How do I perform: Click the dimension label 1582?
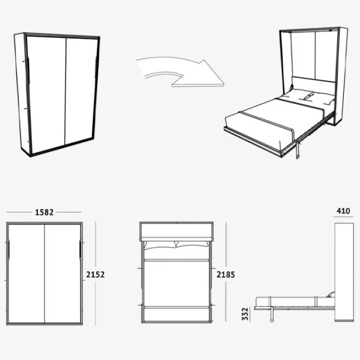[x=44, y=212]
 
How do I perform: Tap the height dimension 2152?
[x=95, y=275]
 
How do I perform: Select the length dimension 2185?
[x=226, y=275]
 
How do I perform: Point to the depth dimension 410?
[x=343, y=211]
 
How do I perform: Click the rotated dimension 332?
[x=245, y=314]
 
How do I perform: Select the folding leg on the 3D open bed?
[x=298, y=150]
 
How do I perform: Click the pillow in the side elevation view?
[x=331, y=295]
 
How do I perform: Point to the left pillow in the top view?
[x=160, y=245]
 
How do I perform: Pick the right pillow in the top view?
[x=192, y=245]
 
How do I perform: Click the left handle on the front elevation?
[x=8, y=250]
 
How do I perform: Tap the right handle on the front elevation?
[x=80, y=250]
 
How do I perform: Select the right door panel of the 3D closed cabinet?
[x=81, y=91]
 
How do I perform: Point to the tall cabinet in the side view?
[x=344, y=272]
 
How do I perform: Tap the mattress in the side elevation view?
[x=292, y=301]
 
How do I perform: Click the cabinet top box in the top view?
[x=176, y=232]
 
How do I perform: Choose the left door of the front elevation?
[x=26, y=274]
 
